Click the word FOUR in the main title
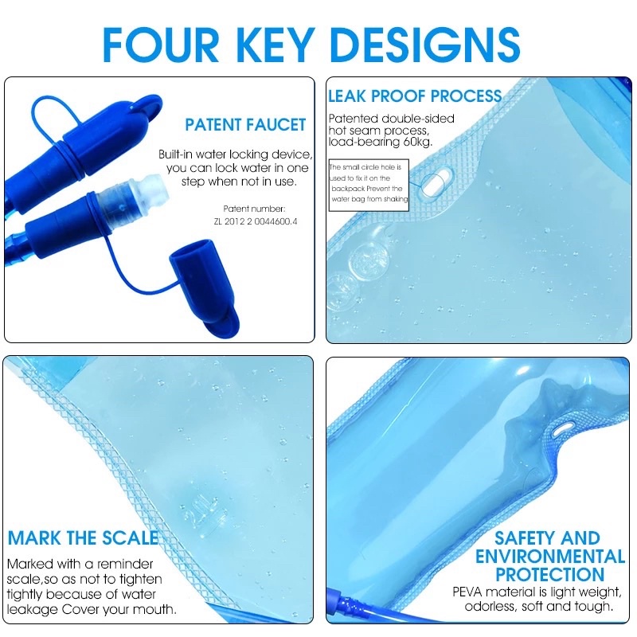point(161,45)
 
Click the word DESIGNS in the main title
point(426,45)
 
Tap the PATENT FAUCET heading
point(245,125)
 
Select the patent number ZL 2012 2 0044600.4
point(256,221)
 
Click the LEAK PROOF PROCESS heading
point(415,96)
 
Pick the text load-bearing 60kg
point(381,142)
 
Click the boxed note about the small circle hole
point(369,185)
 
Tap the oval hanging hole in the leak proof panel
point(434,182)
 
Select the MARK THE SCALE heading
point(84,538)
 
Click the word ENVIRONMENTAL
point(550,557)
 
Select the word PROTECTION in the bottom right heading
point(550,574)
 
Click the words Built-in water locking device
point(236,154)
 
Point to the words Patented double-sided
point(391,119)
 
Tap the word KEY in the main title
point(275,45)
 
